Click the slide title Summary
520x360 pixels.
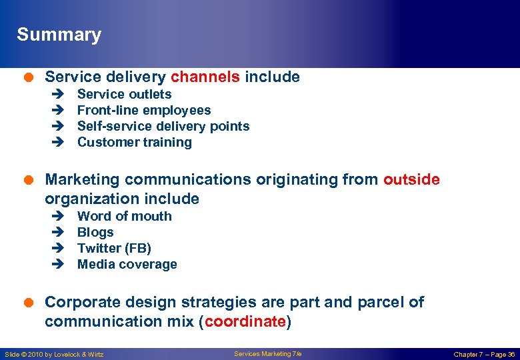(59, 35)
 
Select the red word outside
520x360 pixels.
(411, 180)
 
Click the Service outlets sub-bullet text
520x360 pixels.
(124, 95)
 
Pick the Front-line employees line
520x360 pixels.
(144, 111)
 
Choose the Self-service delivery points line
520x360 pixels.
(163, 127)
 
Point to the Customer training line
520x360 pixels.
(134, 143)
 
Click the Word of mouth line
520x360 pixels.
(124, 217)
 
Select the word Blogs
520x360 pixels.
(95, 233)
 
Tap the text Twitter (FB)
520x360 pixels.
(114, 249)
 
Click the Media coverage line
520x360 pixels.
(127, 265)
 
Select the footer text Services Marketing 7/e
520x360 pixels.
(267, 353)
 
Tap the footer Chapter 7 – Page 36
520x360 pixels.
(483, 354)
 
